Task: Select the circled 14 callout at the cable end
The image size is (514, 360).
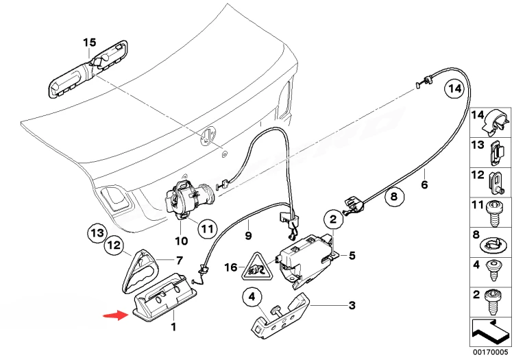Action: (x=452, y=88)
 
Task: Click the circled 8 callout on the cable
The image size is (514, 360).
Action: (x=393, y=198)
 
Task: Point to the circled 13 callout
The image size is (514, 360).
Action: (x=97, y=234)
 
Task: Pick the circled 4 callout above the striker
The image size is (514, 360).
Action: (x=252, y=298)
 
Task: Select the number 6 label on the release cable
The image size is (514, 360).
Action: (x=424, y=184)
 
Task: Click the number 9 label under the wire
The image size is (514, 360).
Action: (x=249, y=235)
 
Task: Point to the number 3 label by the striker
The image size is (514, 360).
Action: (x=352, y=305)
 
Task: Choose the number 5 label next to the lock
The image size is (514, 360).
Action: (x=352, y=256)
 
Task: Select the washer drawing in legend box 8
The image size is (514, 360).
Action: (x=493, y=245)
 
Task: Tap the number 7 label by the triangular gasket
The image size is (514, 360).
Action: (x=180, y=260)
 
